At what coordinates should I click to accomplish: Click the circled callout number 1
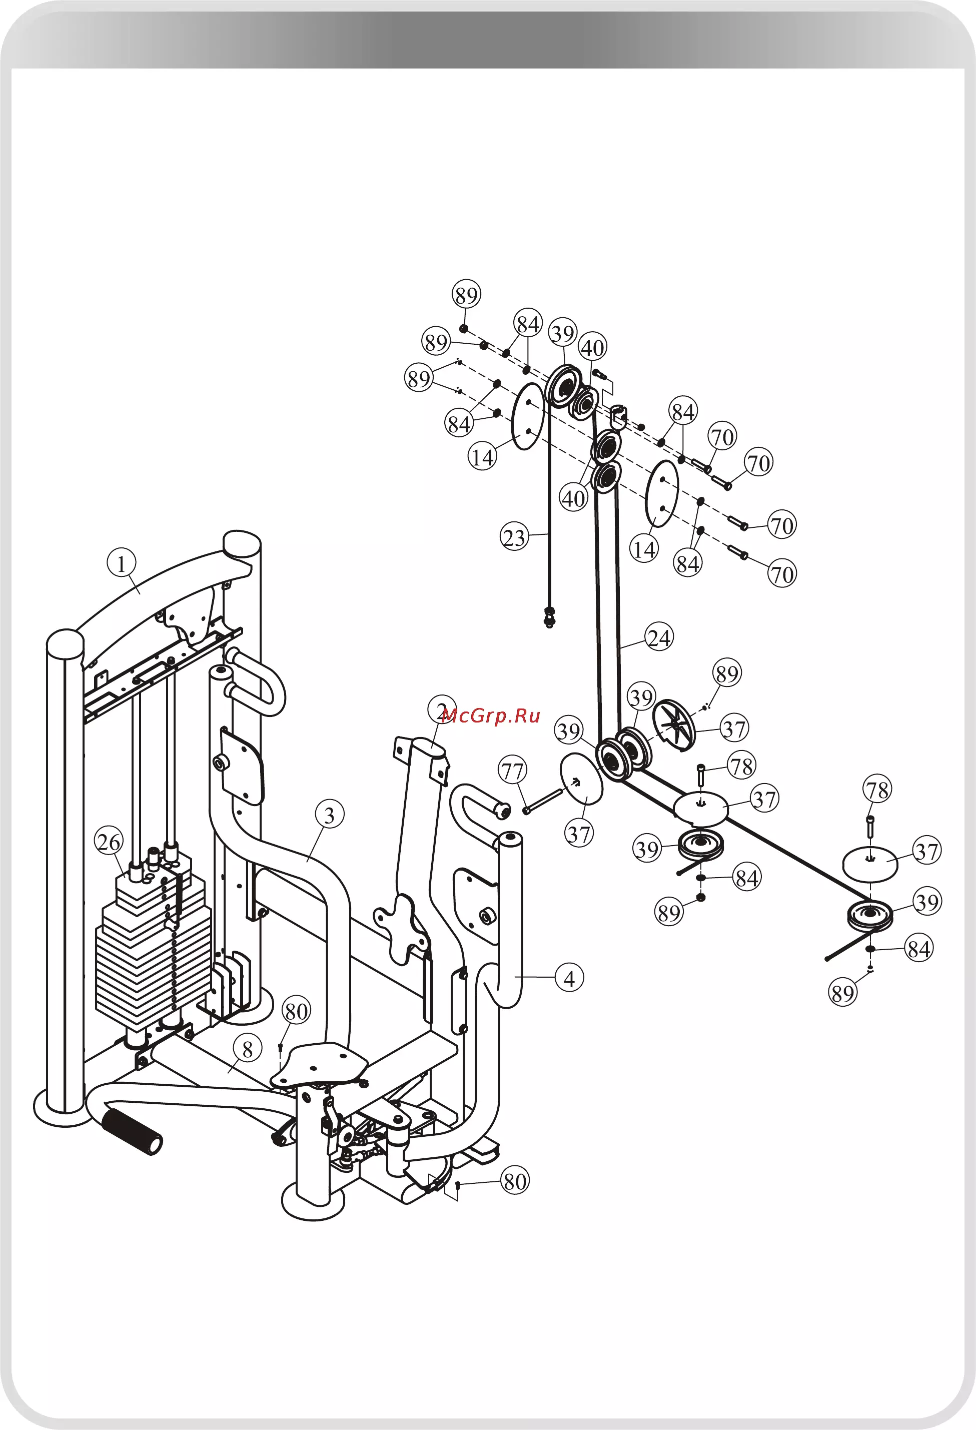[x=121, y=563]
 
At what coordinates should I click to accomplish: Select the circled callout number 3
[x=329, y=815]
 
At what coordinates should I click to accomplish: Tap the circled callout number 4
[x=569, y=978]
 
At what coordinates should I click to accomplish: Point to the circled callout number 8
[x=248, y=1049]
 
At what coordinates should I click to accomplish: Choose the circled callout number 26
[x=109, y=842]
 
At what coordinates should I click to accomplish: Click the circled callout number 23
[x=514, y=537]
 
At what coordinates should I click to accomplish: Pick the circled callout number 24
[x=659, y=637]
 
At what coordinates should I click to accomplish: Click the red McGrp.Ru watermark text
[x=490, y=715]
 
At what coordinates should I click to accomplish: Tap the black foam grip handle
[x=132, y=1131]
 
